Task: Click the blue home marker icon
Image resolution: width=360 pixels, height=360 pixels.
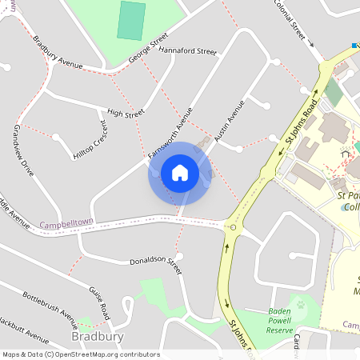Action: [180, 173]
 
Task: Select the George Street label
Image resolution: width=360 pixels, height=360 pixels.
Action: [148, 48]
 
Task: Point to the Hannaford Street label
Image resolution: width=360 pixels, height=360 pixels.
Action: [188, 50]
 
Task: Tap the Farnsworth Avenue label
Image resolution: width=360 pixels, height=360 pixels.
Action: [170, 131]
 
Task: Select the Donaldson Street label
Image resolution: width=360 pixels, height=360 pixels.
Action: [156, 266]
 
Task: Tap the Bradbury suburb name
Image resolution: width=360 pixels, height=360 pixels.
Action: [97, 337]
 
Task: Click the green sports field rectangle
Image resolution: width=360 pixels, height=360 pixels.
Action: [131, 20]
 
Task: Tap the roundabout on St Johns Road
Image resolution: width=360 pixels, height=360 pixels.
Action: [233, 227]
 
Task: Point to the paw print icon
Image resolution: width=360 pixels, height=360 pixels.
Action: [302, 305]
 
